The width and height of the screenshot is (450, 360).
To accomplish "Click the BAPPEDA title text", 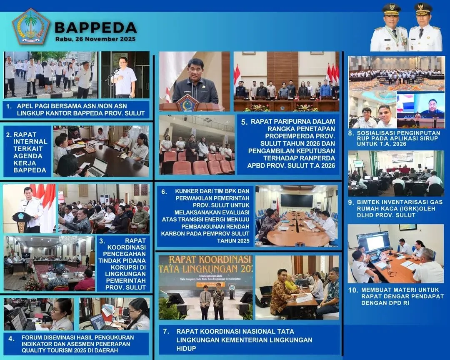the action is point(95,27).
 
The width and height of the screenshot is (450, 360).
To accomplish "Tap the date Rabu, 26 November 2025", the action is point(95,39).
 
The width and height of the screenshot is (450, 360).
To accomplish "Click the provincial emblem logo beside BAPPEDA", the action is point(31,26).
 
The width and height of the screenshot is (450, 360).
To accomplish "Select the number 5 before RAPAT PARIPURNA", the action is point(244,122).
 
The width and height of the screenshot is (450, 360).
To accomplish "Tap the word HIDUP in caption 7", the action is point(186,348).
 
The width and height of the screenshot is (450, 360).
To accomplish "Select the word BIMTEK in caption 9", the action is point(367,202).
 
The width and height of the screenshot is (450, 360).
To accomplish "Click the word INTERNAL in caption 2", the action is point(30,142).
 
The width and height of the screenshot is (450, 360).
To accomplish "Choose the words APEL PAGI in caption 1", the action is point(31,106).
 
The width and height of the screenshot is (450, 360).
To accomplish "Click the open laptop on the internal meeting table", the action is point(97,167).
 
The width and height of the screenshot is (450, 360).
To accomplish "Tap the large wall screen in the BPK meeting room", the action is point(297,200).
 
